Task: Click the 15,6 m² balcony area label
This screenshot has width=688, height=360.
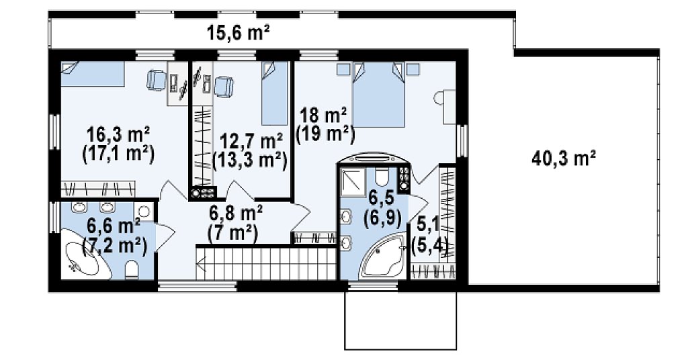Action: [238, 34]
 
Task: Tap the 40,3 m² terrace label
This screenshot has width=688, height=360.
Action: [564, 158]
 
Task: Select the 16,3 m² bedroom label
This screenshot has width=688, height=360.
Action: [118, 133]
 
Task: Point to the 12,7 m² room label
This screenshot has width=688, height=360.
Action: [251, 141]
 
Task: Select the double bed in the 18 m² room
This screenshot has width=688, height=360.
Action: [378, 94]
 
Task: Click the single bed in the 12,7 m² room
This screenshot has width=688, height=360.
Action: [275, 93]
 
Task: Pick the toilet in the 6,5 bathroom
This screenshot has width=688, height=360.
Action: [382, 177]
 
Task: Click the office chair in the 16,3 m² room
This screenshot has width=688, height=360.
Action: [156, 80]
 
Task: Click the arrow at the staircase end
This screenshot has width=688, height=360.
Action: [202, 265]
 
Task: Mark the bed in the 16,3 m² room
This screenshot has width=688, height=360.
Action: [93, 74]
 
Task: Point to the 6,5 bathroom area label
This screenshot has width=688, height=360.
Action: [382, 209]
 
